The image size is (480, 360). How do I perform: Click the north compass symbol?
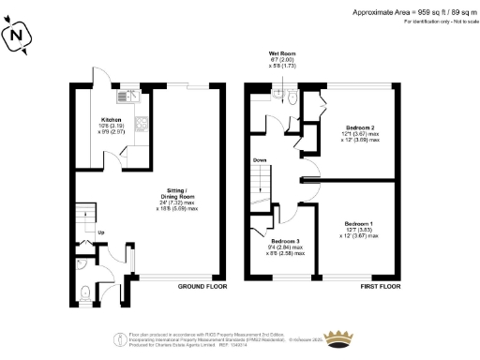click(20, 37)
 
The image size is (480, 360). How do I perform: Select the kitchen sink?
click(126, 95)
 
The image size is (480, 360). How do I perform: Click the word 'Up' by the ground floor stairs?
click(100, 232)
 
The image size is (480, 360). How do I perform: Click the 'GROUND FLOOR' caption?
click(202, 288)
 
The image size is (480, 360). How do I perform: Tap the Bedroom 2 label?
click(360, 129)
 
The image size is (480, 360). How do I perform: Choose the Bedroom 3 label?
click(284, 244)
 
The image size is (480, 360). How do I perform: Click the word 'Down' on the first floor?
click(260, 160)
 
